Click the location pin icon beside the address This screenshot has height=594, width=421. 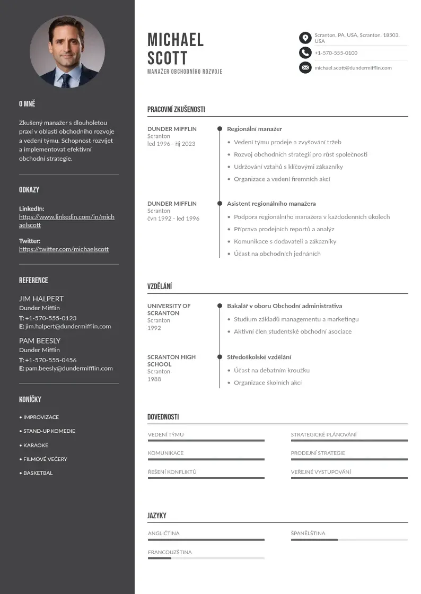[x=305, y=38]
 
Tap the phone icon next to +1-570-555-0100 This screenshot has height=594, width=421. [x=305, y=53]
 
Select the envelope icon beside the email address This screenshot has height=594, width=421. [x=305, y=67]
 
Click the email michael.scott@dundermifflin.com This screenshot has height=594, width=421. [x=353, y=68]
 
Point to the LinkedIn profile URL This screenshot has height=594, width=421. [x=66, y=221]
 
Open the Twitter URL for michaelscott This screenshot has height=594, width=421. [x=64, y=249]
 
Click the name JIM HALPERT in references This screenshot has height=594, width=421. [x=41, y=299]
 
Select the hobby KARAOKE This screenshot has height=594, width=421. [x=36, y=445]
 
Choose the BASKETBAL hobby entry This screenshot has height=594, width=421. [x=38, y=473]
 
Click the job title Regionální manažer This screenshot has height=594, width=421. [x=255, y=129]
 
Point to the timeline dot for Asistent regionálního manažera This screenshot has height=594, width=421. [x=220, y=203]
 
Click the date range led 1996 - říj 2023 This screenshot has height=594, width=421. [x=171, y=144]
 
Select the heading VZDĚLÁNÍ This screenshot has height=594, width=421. [x=160, y=286]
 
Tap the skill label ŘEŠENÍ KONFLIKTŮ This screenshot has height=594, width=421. [x=172, y=471]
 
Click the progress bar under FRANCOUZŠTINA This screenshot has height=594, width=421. [x=206, y=558]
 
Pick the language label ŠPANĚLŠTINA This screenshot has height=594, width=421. [x=308, y=533]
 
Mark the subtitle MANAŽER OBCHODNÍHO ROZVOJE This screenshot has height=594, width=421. [x=185, y=72]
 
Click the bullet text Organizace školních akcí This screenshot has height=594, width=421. [x=268, y=382]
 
